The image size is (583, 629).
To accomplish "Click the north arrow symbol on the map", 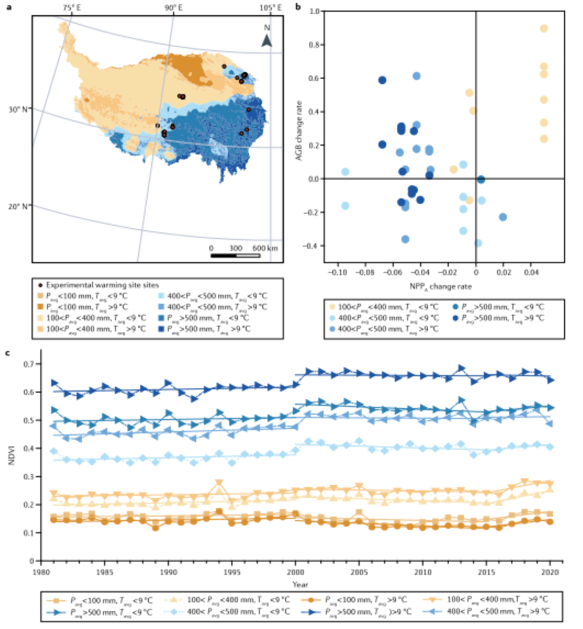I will tap(266, 40).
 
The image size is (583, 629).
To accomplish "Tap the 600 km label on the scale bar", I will tap(265, 249).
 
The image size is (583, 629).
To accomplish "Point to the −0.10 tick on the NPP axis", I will tap(338, 272).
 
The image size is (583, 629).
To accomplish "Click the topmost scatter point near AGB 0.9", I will tap(544, 28).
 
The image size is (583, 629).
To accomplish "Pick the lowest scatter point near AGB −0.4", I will tap(478, 243).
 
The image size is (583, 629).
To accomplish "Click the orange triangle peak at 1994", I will tap(219, 484).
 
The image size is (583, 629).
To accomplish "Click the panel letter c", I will tap(7, 353).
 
